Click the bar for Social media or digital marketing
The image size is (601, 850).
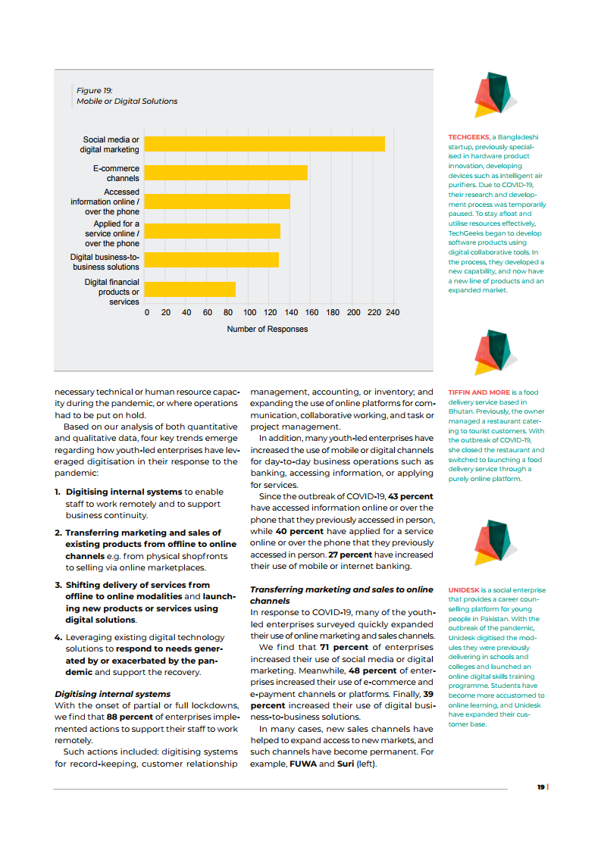tap(265, 144)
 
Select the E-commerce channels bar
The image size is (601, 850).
tap(226, 173)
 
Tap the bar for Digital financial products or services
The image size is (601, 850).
tap(189, 289)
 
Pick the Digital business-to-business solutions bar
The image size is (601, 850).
tap(211, 260)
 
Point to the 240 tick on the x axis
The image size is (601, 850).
tap(393, 312)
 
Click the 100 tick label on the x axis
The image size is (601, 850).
tap(249, 312)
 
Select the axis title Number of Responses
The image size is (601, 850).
tap(268, 329)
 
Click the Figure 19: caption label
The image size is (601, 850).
tap(94, 91)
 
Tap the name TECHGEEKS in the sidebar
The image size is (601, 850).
tap(468, 138)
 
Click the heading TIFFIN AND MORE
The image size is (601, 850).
tap(478, 392)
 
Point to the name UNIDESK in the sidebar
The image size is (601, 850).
tap(463, 590)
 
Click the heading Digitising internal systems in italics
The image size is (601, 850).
tap(112, 694)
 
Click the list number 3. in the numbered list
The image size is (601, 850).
tap(58, 585)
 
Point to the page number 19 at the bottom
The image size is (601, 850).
tap(540, 787)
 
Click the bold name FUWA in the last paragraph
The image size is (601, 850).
tap(303, 764)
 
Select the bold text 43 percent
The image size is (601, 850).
tap(410, 496)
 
